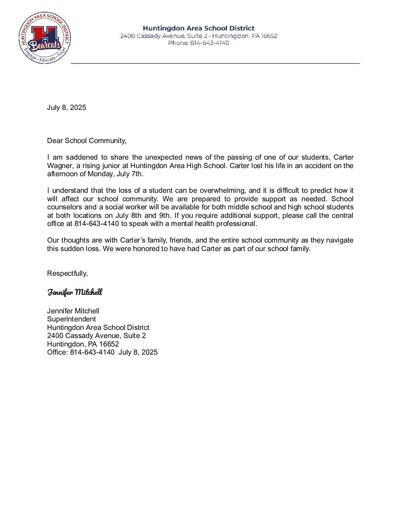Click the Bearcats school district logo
click(x=45, y=38)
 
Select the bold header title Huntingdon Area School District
click(x=199, y=28)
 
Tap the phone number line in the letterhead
click(x=199, y=43)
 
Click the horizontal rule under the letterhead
click(x=215, y=63)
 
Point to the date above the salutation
click(x=66, y=107)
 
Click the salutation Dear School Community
click(x=87, y=140)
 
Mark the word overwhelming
click(x=223, y=191)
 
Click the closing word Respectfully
click(x=67, y=273)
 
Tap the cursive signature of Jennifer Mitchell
click(x=75, y=292)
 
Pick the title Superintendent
click(x=72, y=319)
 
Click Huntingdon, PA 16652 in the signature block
click(x=83, y=344)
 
